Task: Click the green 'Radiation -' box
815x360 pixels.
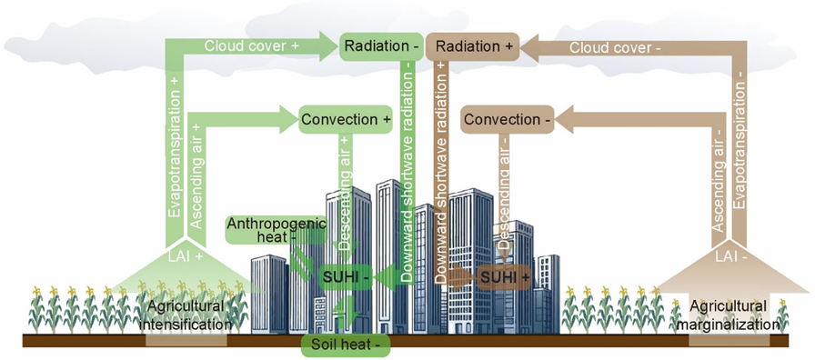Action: pyautogui.click(x=381, y=46)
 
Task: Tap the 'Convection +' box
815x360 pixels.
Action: pyautogui.click(x=345, y=119)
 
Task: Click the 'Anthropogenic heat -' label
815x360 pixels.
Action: pyautogui.click(x=277, y=230)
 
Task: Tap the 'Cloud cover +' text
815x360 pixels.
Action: pyautogui.click(x=252, y=46)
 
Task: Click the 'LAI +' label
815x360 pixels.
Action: pyautogui.click(x=186, y=255)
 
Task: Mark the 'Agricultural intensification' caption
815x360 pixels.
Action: pyautogui.click(x=188, y=315)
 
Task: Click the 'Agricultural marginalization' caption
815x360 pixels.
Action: pyautogui.click(x=734, y=315)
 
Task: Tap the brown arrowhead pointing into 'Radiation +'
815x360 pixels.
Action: pyautogui.click(x=529, y=48)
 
